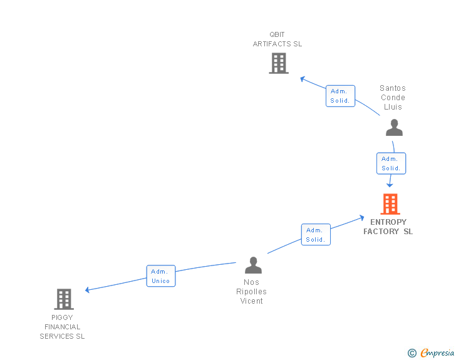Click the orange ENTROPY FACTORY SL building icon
(390, 204)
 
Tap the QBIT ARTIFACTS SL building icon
(279, 63)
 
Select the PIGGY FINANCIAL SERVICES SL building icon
(64, 299)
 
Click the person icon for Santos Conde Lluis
(394, 128)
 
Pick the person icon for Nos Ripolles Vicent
(253, 265)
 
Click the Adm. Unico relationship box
(161, 276)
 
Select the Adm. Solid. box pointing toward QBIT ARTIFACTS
(340, 96)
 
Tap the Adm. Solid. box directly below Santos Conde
(391, 163)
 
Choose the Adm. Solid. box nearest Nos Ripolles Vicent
(315, 234)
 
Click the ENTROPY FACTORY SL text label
(388, 227)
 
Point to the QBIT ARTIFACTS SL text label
(277, 39)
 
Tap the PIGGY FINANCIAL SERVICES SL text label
(63, 327)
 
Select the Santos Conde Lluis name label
(393, 98)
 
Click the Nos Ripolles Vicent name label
(252, 292)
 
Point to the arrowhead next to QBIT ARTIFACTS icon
(303, 79)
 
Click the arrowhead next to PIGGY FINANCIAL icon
(88, 290)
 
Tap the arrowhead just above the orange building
(390, 184)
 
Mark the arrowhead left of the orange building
(361, 218)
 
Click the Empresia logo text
(437, 353)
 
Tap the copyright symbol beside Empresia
(412, 354)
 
